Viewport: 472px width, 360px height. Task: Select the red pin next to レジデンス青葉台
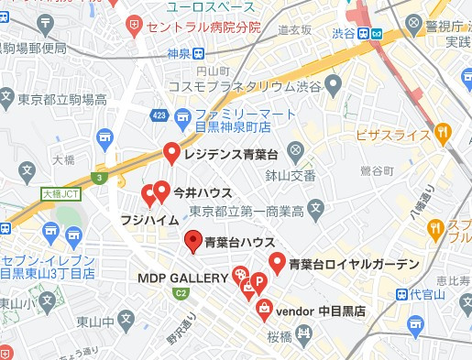(170, 153)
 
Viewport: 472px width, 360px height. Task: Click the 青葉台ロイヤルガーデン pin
(276, 263)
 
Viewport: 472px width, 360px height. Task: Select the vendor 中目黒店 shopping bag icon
(263, 309)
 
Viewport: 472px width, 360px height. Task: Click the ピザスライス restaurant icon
(443, 135)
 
